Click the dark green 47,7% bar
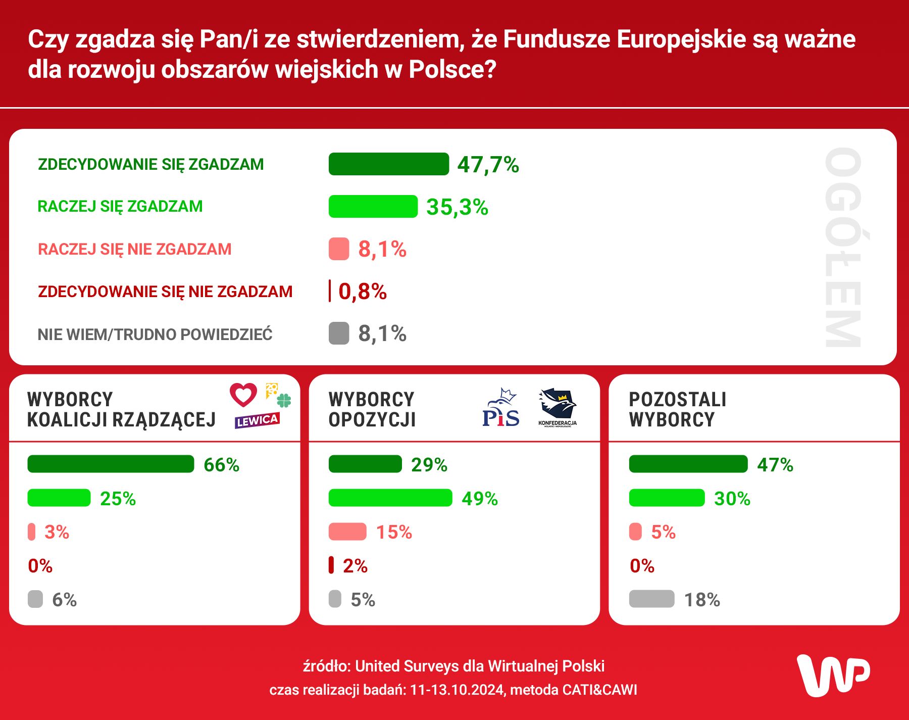click(x=388, y=164)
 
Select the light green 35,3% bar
click(x=373, y=207)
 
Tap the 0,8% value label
click(x=363, y=292)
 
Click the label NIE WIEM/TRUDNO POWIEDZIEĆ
click(x=155, y=334)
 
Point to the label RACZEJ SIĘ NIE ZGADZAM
click(x=134, y=249)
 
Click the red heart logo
click(x=243, y=395)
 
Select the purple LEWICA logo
click(x=257, y=420)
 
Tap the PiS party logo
click(x=500, y=409)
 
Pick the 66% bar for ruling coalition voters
click(x=111, y=464)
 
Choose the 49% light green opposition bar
click(x=390, y=498)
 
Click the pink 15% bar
click(x=347, y=532)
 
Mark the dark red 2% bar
click(x=331, y=565)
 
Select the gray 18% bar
click(x=651, y=599)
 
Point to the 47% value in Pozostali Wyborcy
click(x=775, y=465)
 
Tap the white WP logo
click(x=833, y=675)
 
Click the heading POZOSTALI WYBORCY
click(x=677, y=409)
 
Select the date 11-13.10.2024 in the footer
click(x=458, y=690)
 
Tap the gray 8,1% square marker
click(x=339, y=333)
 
